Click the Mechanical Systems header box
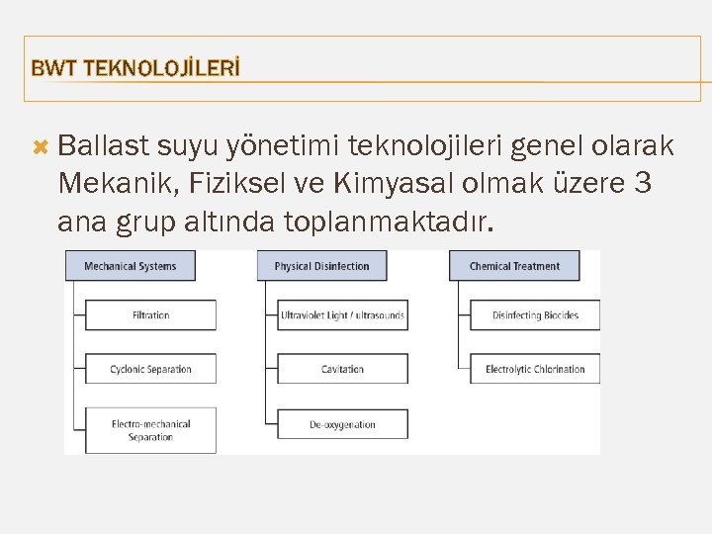point(130,265)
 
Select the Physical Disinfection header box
point(321,265)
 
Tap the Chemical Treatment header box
point(514,265)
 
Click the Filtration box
point(150,315)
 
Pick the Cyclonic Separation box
point(150,369)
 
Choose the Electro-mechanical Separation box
point(150,430)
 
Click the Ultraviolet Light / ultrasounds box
point(342,315)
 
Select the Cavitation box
point(342,369)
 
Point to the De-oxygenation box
point(342,424)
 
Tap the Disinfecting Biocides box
point(535,315)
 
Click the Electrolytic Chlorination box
point(535,369)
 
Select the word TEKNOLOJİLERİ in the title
point(162,68)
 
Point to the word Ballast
point(100,147)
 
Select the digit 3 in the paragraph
point(643,184)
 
